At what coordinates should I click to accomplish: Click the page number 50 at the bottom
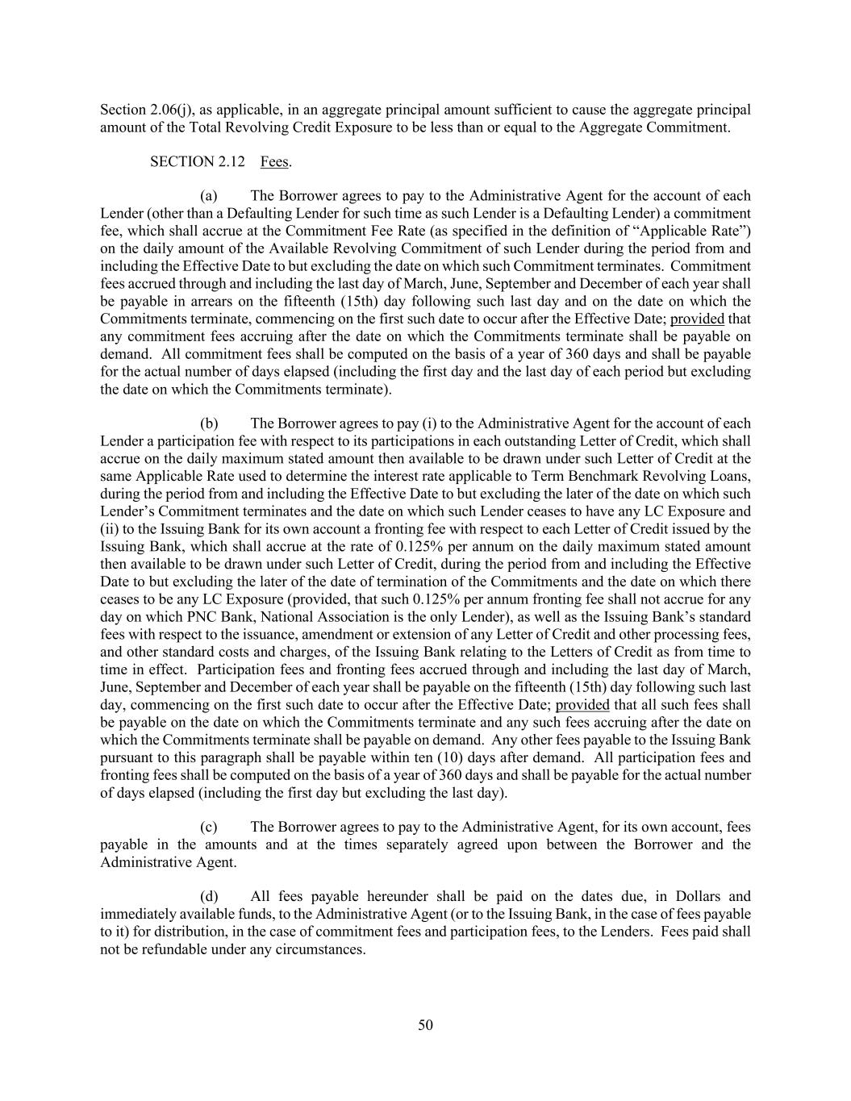coord(425,1025)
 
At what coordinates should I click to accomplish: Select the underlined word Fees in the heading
coord(274,161)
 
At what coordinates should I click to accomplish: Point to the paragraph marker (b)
coord(209,423)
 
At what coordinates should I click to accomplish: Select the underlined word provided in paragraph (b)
coord(582,704)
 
